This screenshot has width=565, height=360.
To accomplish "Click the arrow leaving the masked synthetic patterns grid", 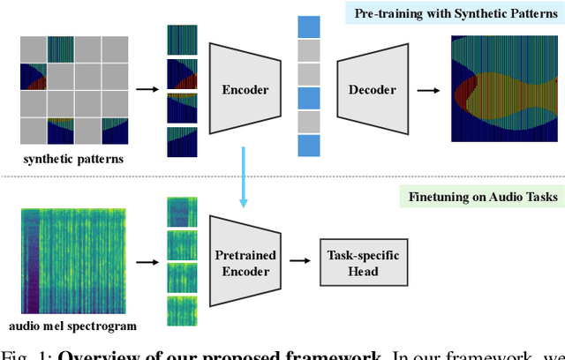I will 146,89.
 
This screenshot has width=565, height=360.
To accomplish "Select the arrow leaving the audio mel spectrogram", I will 146,262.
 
